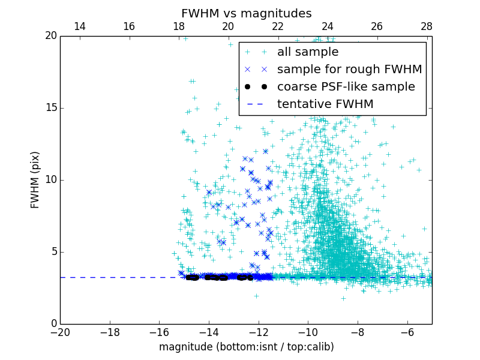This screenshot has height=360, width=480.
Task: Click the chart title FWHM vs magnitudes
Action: [x=246, y=13]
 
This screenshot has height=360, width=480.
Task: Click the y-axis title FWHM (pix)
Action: [x=35, y=179]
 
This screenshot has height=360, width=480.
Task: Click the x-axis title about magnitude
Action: [x=246, y=347]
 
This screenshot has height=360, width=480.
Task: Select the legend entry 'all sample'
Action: [x=308, y=52]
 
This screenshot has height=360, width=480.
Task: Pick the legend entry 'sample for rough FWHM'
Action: [x=349, y=70]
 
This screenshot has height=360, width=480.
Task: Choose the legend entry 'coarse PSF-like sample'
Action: [x=346, y=87]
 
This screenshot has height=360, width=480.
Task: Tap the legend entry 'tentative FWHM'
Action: [x=325, y=104]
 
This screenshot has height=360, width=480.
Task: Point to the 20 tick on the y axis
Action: [x=50, y=36]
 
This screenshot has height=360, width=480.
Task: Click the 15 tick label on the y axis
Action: [x=50, y=108]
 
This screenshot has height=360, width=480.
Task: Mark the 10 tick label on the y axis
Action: [x=50, y=180]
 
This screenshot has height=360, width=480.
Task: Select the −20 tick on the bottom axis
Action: [x=60, y=332]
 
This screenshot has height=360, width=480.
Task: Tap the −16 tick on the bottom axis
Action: [x=159, y=332]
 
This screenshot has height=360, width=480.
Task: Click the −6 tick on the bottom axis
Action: [x=407, y=332]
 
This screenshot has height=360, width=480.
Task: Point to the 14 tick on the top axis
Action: [x=79, y=26]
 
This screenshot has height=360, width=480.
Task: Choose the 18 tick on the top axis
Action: [x=179, y=26]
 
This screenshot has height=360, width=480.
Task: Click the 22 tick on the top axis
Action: [x=278, y=26]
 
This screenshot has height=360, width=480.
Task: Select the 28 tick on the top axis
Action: [x=427, y=26]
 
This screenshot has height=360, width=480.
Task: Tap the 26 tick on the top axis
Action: [x=377, y=26]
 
